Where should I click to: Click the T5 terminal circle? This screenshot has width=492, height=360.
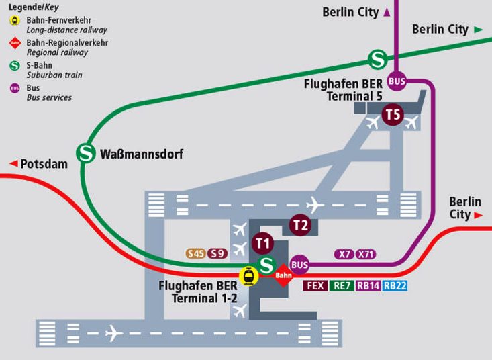[x=393, y=115]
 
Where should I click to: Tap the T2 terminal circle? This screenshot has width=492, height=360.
[x=299, y=225]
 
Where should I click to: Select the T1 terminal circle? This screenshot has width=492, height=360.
[x=262, y=242]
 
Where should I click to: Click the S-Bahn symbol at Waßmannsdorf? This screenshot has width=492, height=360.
[x=86, y=153]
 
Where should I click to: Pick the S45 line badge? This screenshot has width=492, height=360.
[x=196, y=254]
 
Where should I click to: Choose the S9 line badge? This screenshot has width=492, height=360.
[x=217, y=254]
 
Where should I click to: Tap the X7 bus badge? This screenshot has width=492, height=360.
[x=344, y=254]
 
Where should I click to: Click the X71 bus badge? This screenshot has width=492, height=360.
[x=366, y=254]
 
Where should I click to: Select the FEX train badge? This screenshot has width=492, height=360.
[x=315, y=285]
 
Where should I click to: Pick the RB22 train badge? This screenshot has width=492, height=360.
[x=395, y=285]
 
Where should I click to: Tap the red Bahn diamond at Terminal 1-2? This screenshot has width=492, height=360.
[x=283, y=275]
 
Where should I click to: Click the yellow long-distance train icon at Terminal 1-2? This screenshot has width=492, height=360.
[x=250, y=275]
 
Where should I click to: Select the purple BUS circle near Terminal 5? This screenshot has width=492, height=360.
[x=397, y=81]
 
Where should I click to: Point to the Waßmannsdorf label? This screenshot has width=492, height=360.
[x=141, y=154]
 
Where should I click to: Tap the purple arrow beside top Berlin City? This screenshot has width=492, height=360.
[x=387, y=12]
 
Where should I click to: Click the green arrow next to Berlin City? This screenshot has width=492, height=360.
[x=479, y=30]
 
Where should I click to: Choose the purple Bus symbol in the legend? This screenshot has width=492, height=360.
[x=14, y=88]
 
